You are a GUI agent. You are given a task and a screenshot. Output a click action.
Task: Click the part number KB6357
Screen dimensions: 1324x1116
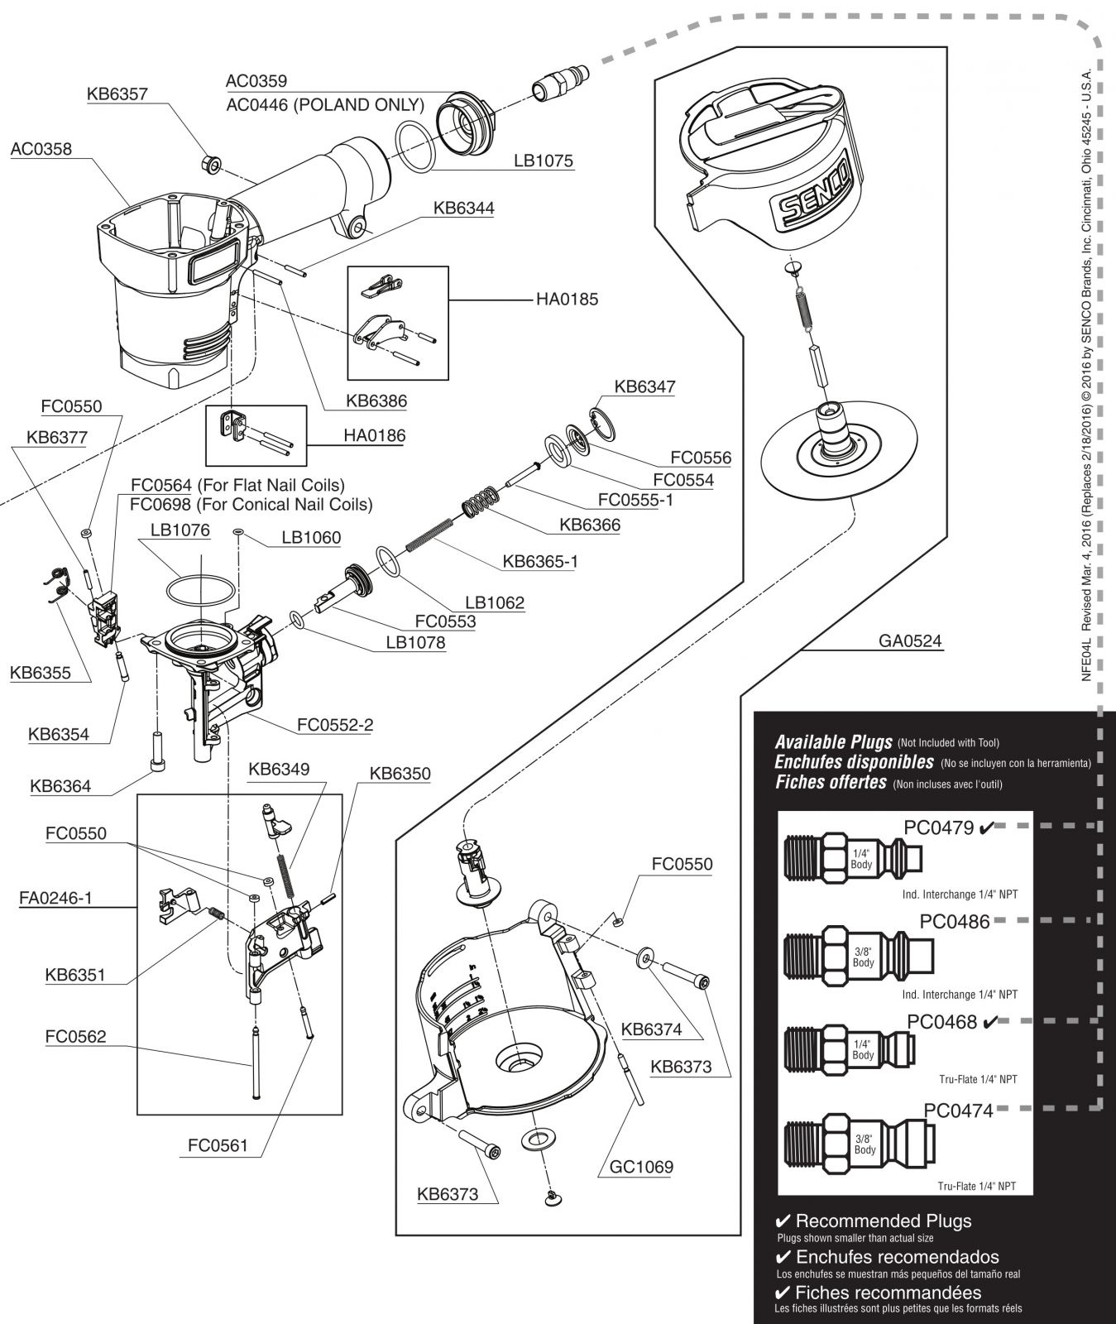117,94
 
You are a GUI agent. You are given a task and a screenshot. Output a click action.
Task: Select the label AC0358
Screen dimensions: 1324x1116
41,150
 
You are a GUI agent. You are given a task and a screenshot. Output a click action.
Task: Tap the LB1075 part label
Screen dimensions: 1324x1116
544,161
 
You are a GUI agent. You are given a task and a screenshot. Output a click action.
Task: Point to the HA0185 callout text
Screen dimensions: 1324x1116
567,300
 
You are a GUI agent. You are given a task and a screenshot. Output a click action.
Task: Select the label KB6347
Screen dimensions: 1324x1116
644,386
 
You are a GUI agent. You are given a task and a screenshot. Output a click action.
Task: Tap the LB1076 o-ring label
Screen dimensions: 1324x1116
180,530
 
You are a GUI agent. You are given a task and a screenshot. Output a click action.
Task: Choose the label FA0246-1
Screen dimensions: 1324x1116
55,898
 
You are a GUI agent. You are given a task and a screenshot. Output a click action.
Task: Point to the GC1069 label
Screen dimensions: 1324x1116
643,1167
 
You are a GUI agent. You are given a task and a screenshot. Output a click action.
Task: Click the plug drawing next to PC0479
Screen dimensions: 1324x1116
852,859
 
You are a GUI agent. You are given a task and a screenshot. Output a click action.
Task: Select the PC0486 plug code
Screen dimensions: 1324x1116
955,921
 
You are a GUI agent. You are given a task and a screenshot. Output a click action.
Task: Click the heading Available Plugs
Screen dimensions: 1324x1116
833,742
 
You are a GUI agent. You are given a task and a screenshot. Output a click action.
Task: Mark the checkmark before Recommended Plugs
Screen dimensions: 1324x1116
783,1221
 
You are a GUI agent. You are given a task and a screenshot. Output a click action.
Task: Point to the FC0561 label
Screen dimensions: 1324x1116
218,1146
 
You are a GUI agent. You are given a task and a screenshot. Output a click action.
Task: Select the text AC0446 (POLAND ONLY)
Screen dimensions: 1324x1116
325,105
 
